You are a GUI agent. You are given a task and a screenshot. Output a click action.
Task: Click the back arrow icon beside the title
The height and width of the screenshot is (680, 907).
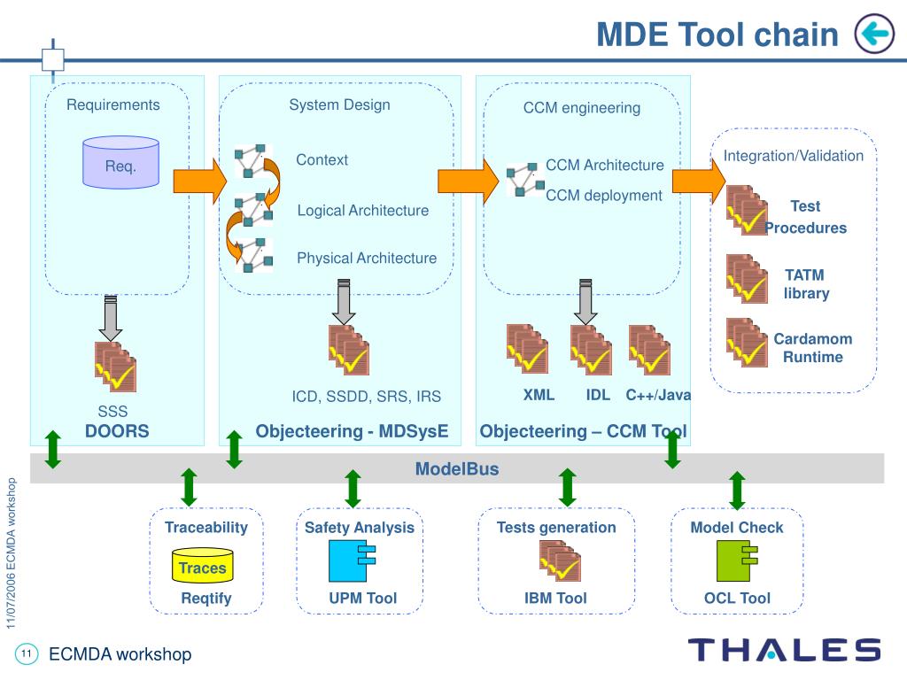874,34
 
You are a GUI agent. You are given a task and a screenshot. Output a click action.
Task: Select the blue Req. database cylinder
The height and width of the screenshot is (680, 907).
120,163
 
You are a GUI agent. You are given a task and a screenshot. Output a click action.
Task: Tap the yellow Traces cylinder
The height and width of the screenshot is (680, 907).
203,566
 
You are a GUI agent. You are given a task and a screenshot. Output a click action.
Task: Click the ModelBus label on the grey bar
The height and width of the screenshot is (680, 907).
457,468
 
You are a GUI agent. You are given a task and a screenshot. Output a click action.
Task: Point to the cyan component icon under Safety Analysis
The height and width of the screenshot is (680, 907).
352,560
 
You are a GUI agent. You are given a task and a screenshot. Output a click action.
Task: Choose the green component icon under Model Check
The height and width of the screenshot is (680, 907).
736,560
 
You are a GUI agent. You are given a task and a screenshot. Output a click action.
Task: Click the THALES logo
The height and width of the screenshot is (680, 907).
785,650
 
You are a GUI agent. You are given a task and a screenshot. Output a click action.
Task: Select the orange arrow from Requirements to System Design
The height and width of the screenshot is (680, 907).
200,181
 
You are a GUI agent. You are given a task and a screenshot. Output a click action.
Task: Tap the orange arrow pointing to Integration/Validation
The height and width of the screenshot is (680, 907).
699,181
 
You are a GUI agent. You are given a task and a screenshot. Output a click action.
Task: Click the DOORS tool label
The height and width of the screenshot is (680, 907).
117,431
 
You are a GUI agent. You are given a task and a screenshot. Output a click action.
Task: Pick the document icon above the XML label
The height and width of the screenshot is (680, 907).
527,349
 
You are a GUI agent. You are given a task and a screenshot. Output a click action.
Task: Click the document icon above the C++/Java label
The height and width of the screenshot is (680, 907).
649,349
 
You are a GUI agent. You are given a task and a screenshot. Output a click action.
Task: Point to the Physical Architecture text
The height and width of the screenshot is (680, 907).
367,258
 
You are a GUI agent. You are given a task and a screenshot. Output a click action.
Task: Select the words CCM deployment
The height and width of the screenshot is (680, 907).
604,196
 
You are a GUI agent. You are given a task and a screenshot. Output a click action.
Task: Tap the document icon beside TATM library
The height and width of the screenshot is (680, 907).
747,279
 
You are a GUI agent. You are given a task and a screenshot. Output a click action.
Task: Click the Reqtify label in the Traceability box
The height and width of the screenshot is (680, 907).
206,598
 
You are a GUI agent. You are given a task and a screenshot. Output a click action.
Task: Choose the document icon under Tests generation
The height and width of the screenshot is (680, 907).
560,560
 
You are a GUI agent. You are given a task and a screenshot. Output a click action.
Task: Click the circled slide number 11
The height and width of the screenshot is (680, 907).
26,654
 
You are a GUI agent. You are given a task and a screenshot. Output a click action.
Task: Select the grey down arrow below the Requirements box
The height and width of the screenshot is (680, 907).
111,318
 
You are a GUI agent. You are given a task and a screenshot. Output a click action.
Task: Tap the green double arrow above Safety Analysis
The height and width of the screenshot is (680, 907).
353,489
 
